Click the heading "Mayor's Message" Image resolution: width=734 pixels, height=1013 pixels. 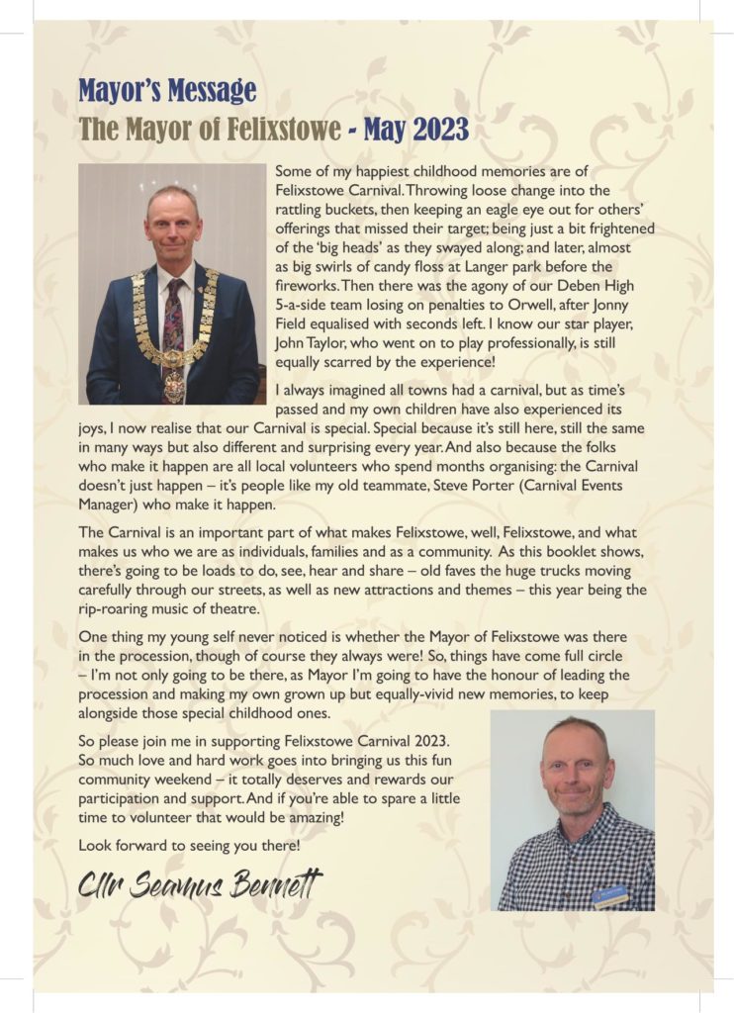coord(167,92)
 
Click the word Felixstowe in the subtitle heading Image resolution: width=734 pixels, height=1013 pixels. coord(279,129)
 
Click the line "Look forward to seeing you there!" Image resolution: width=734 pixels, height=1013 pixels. coord(188,846)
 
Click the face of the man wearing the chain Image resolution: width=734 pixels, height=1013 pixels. coord(173,227)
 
